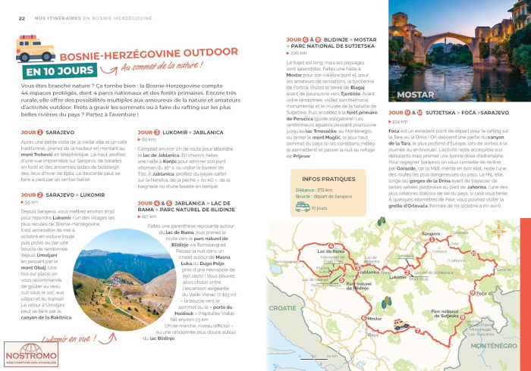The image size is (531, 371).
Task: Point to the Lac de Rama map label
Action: point(331,250)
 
